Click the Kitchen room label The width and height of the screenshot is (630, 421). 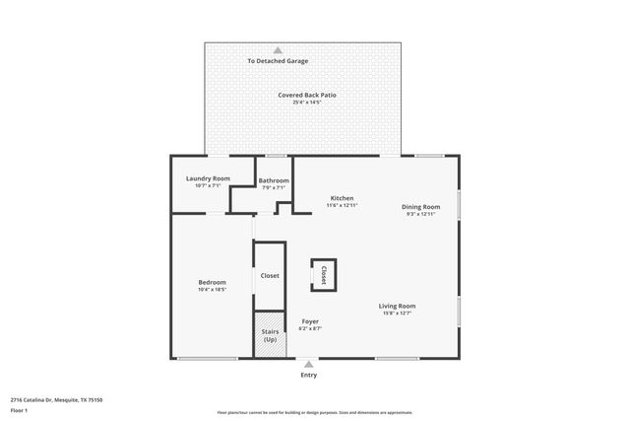click(342, 198)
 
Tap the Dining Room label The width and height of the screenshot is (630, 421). click(420, 206)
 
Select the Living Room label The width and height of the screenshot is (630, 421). click(398, 306)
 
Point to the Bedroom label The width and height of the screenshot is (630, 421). click(213, 282)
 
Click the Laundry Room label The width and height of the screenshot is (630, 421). click(208, 178)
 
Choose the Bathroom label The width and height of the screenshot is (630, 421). click(274, 180)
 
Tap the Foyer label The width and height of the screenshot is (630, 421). click(310, 321)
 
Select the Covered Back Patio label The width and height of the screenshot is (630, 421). click(307, 95)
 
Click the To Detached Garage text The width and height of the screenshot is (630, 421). click(278, 61)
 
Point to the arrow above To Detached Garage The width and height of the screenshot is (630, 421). click(278, 49)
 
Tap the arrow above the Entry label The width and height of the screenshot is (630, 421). click(309, 364)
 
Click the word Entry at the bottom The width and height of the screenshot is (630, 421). click(309, 376)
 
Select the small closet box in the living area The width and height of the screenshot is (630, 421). click(324, 274)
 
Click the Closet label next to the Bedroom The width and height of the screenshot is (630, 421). click(270, 276)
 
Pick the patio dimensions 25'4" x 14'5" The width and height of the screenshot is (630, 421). click(307, 103)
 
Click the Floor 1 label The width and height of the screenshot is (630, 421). click(20, 409)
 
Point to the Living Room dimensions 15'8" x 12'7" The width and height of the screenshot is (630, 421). click(398, 314)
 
